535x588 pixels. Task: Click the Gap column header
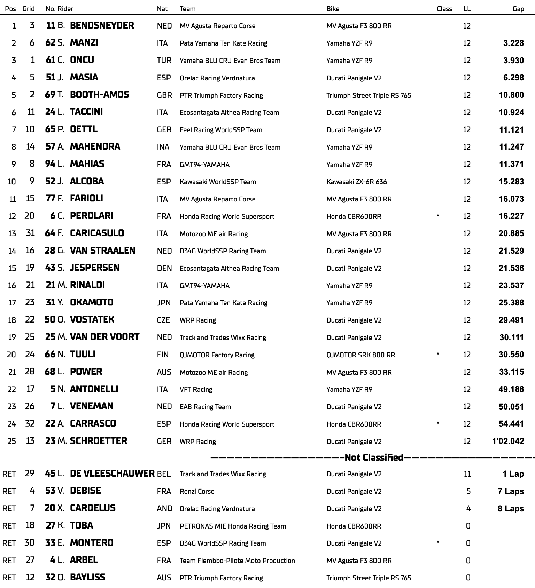coord(518,9)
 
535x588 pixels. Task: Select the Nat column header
coord(162,9)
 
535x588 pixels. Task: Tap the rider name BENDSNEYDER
coord(102,25)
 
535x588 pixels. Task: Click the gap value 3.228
coord(513,43)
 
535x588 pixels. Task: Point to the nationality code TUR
coord(164,61)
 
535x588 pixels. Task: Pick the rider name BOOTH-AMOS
coord(99,95)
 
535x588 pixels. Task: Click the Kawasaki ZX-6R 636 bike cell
coord(356,182)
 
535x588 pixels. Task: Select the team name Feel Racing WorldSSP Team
coord(221,130)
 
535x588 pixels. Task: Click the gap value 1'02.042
coord(508,441)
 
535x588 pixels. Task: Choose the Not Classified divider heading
coord(374,458)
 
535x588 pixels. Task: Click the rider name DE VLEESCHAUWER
coord(112,474)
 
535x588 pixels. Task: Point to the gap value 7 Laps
coord(511,491)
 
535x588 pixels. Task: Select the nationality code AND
coord(164,509)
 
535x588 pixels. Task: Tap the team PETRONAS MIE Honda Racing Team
coord(233,526)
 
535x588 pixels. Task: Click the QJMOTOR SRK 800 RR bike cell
coord(360,355)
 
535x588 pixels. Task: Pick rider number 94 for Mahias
coord(50,164)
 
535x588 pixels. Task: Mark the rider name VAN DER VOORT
coord(104,337)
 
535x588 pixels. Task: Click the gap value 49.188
coord(511,389)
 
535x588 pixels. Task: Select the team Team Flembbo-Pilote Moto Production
coord(237,561)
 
